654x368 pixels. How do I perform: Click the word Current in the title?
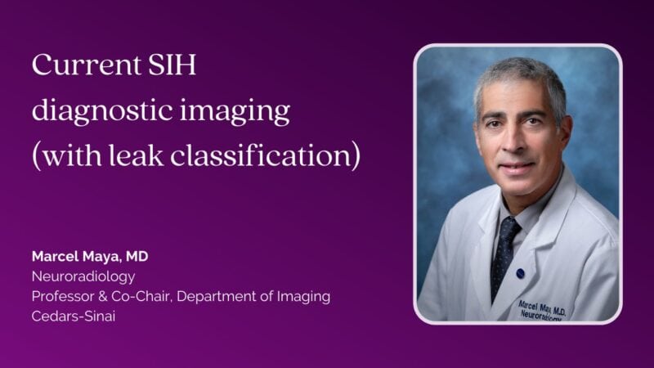[87, 65]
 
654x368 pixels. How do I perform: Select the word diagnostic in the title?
[102, 110]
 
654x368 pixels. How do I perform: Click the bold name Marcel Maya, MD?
[90, 256]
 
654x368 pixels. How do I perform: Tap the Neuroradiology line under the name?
[83, 276]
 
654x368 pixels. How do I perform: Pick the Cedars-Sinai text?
[74, 316]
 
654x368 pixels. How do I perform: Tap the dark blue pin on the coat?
[521, 273]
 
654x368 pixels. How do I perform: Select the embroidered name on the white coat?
[542, 311]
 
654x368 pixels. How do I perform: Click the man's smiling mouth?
[517, 168]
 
